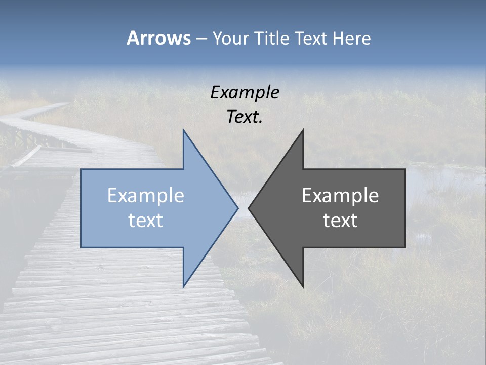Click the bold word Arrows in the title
point(158,38)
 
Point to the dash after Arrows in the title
point(201,39)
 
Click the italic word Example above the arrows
point(245,92)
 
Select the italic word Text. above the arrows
point(245,117)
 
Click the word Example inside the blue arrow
point(146,196)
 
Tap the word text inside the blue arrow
point(146,221)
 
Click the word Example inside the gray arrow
point(340,196)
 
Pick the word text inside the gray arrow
point(340,221)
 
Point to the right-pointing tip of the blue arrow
point(237,208)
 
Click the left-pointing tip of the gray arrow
point(249,208)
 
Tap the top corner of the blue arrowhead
point(183,130)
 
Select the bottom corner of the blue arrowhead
point(183,286)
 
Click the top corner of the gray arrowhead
point(303,130)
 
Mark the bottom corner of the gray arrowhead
point(303,286)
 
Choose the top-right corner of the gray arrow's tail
point(404,170)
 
